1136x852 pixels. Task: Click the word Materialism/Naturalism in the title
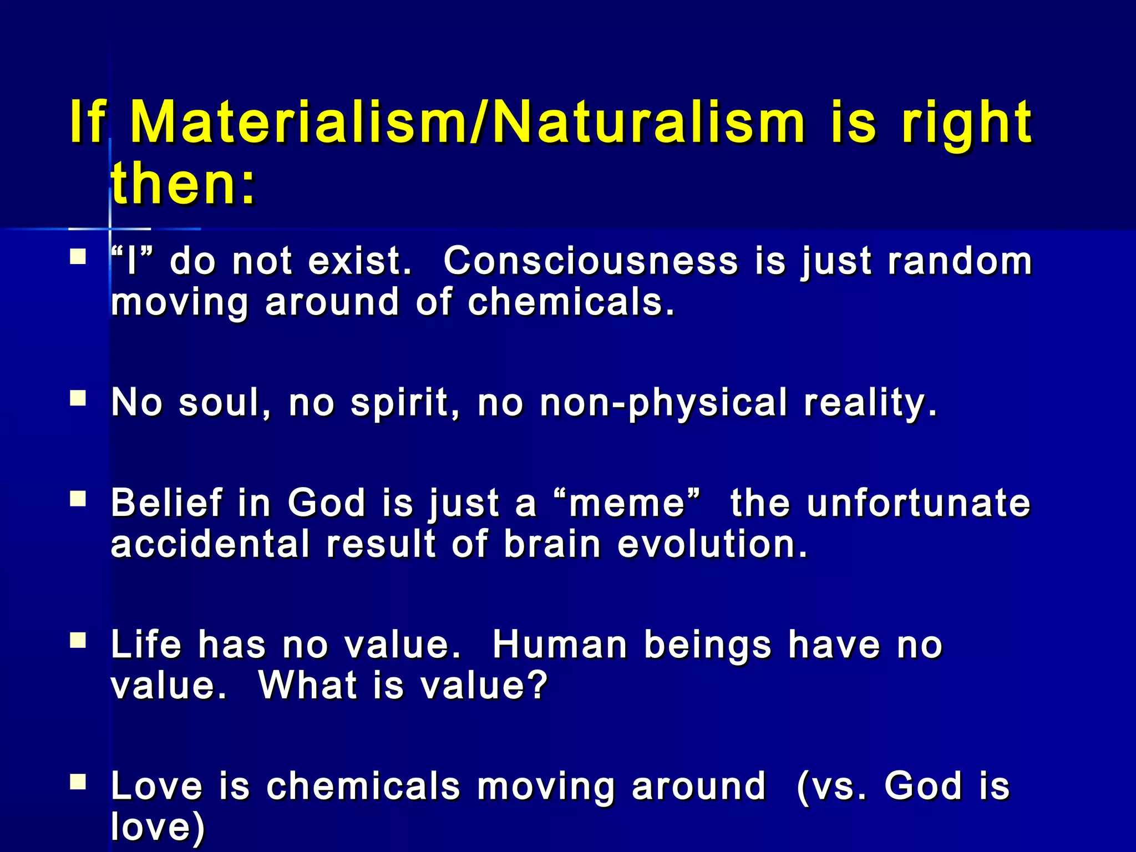(x=467, y=123)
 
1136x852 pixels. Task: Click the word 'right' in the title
(x=966, y=123)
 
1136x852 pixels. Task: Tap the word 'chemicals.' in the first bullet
(x=571, y=302)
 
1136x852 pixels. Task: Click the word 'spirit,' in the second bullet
(x=405, y=403)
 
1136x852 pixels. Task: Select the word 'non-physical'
(x=663, y=403)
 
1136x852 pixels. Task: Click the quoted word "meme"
(x=627, y=503)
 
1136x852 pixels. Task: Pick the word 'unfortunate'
(x=919, y=503)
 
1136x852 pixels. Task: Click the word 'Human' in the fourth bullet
(x=560, y=645)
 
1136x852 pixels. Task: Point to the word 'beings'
(x=707, y=646)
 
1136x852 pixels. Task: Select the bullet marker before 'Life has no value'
(x=78, y=641)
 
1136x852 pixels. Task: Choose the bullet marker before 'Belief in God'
(x=78, y=499)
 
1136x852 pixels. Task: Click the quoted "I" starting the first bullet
(x=131, y=261)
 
